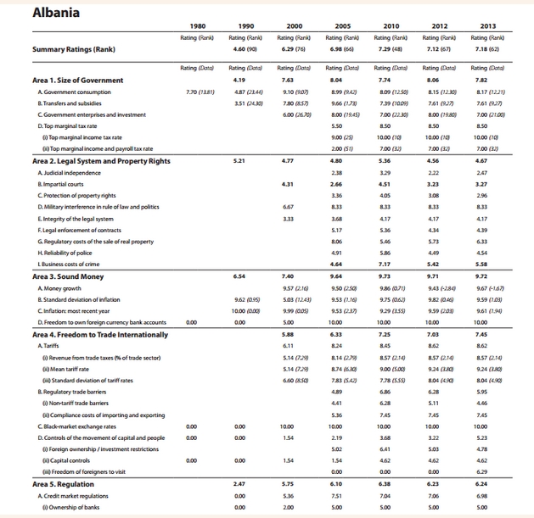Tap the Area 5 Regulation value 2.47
(240, 482)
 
